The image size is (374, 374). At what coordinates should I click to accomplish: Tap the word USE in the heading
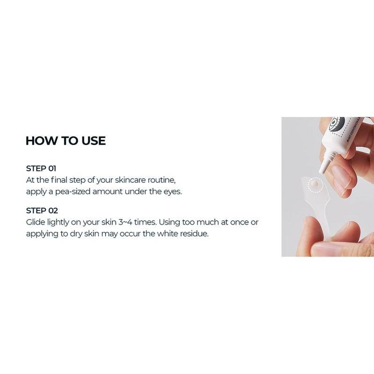92,141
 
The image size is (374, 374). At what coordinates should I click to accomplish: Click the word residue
194,233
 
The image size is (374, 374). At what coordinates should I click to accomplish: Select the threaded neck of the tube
330,159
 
